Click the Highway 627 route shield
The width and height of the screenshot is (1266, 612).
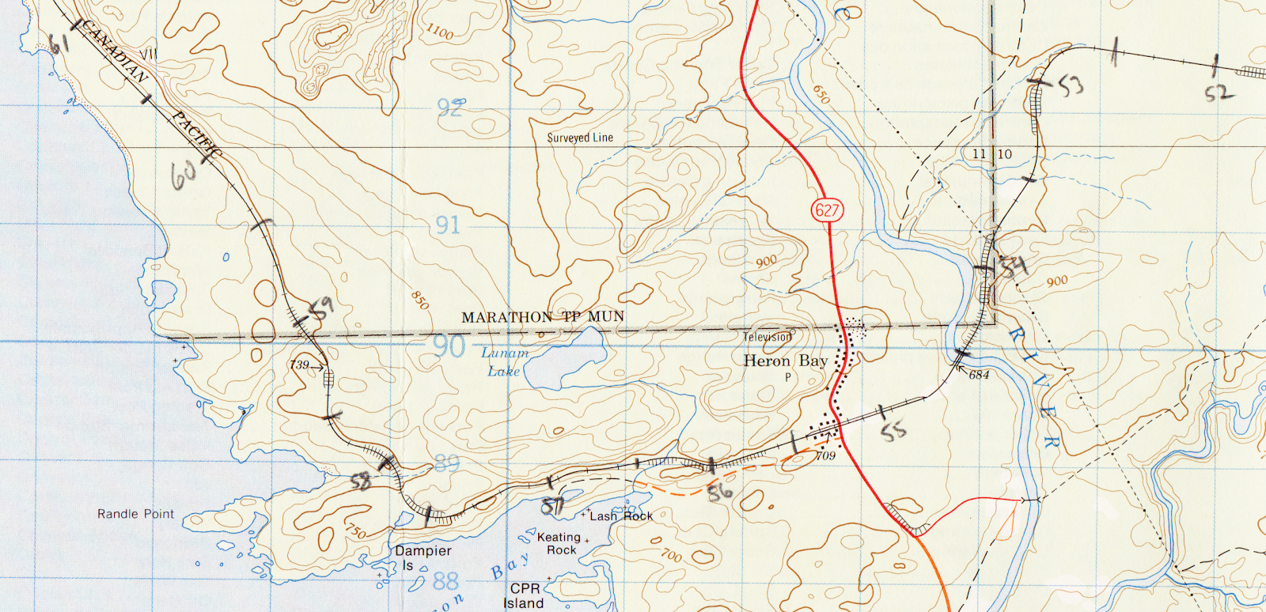tap(827, 210)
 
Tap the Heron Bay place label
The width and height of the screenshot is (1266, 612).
tap(785, 361)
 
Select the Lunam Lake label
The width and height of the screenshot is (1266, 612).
tap(504, 362)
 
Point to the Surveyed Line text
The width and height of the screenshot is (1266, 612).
tap(580, 138)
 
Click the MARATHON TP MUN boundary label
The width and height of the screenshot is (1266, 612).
tap(543, 317)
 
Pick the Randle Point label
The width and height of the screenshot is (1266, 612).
tap(135, 514)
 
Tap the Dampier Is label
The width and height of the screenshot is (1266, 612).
tap(423, 557)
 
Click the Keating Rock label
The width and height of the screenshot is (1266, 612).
tap(559, 543)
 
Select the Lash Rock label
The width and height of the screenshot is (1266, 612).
tap(621, 516)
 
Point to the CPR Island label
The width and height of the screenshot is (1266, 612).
tap(525, 595)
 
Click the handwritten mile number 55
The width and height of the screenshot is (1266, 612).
tap(893, 431)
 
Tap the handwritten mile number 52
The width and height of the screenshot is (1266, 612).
tap(1219, 93)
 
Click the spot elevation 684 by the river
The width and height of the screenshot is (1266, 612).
tap(979, 375)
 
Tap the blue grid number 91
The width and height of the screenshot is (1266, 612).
tap(448, 225)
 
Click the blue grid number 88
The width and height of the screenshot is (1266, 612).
tap(445, 581)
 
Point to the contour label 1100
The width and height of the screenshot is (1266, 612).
tap(440, 32)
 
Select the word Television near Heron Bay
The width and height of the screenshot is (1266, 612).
tap(767, 337)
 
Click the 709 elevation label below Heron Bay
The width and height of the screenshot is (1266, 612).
tap(826, 455)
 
